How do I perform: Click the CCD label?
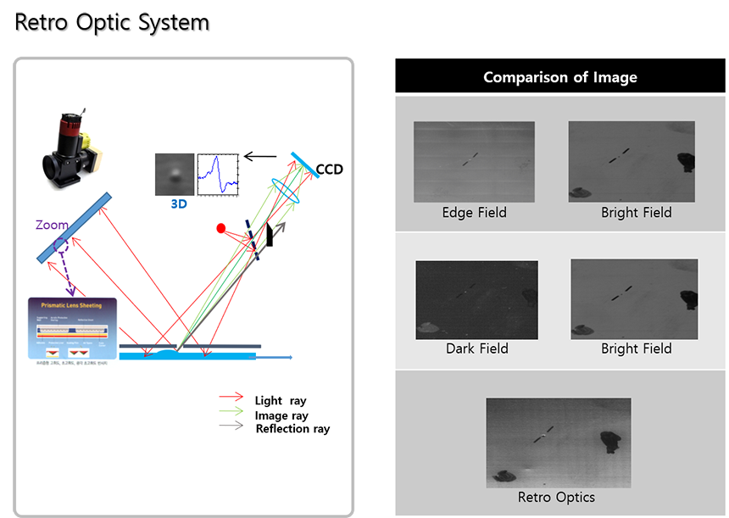pos(329,170)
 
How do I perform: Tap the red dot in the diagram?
pos(221,228)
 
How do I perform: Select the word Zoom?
pos(52,226)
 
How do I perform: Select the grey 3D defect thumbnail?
pos(174,174)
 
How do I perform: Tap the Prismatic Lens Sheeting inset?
pos(71,331)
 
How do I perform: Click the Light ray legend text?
pos(281,401)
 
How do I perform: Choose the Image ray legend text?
pos(281,415)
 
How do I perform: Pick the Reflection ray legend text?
pos(292,429)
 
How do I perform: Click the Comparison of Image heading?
pos(560,77)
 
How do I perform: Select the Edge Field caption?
pos(474,213)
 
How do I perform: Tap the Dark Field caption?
pos(476,348)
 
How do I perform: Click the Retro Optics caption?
pos(556,498)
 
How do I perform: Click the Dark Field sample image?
pos(476,299)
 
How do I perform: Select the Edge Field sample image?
pos(474,162)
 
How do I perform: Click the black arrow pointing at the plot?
pos(260,157)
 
